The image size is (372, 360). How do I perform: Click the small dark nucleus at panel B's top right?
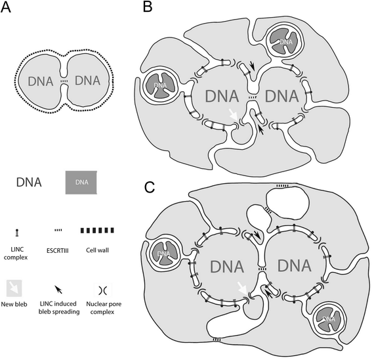[285, 43]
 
